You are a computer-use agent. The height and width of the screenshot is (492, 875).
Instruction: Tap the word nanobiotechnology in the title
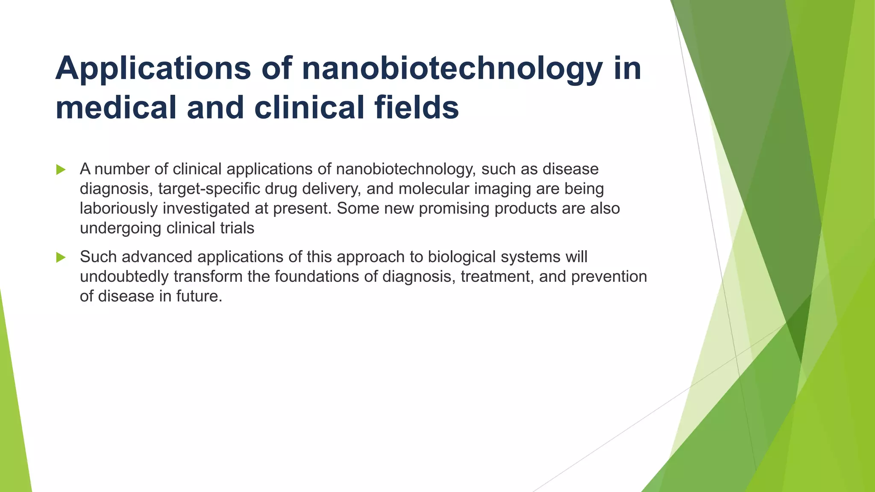click(x=452, y=68)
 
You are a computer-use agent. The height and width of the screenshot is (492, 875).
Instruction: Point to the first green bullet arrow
click(x=61, y=170)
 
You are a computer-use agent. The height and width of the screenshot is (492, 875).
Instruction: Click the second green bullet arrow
click(x=61, y=258)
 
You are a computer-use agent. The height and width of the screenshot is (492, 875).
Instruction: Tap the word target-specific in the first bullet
click(x=209, y=189)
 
